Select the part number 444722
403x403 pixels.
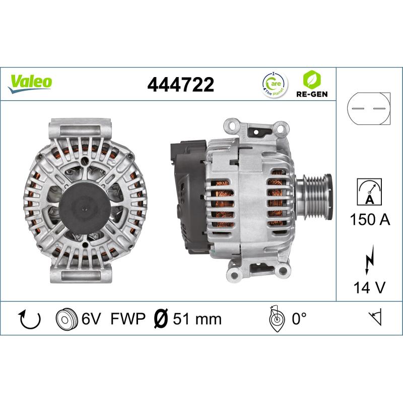[x=180, y=84]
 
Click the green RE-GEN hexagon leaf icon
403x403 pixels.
[x=312, y=80]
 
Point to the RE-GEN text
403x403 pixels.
[x=312, y=94]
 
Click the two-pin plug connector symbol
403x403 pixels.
[x=369, y=108]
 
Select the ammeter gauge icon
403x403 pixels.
[x=369, y=192]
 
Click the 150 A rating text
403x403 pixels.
[x=370, y=220]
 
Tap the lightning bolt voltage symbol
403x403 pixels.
[x=370, y=259]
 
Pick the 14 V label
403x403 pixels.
[x=370, y=287]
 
